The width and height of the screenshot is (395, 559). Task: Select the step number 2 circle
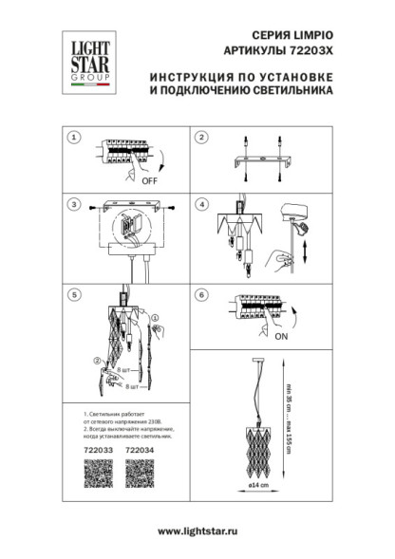(x=201, y=138)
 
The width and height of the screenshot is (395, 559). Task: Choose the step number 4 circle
(x=201, y=204)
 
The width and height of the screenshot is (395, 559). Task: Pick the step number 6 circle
(x=201, y=295)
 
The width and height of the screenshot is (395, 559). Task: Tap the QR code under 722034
(x=141, y=473)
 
